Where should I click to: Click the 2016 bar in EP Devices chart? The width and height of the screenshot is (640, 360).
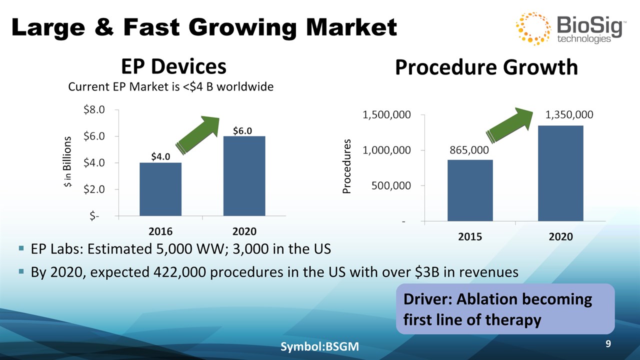pos(160,189)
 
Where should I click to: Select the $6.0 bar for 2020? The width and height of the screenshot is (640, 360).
pos(244,176)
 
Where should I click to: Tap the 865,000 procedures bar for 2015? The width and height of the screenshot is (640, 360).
pos(470,190)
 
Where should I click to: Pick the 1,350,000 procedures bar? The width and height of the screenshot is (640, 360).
pos(560,173)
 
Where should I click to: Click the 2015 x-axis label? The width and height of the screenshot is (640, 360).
pos(470,237)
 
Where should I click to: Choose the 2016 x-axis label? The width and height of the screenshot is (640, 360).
pos(160,231)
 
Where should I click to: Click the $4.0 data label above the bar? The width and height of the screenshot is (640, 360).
pos(161,156)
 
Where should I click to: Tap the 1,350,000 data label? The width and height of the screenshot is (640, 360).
pos(569,115)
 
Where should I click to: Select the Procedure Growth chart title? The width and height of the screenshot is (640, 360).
pos(486,67)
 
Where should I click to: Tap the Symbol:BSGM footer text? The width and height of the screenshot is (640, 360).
pos(320,346)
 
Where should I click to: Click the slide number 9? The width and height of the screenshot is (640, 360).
pos(608,344)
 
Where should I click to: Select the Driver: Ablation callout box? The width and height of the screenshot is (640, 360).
pos(505,309)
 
